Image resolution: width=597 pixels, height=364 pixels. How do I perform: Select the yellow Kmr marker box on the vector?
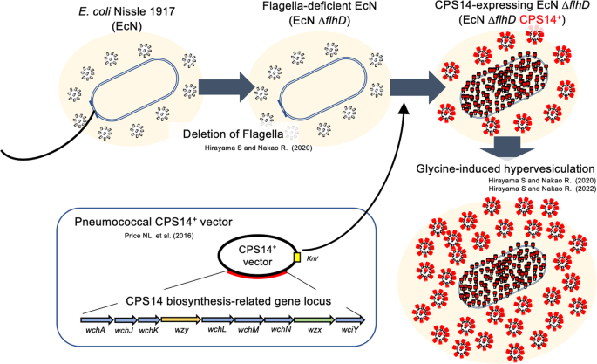(x=295, y=258)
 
